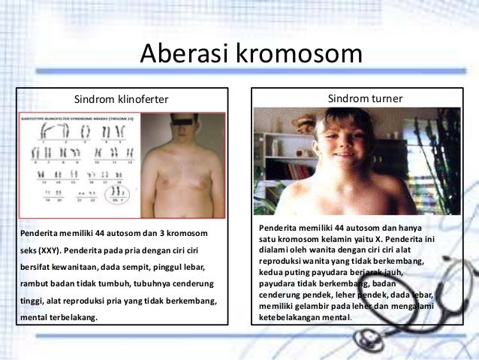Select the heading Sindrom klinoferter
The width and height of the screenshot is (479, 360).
tap(121, 99)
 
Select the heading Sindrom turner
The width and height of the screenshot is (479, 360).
tap(366, 98)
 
